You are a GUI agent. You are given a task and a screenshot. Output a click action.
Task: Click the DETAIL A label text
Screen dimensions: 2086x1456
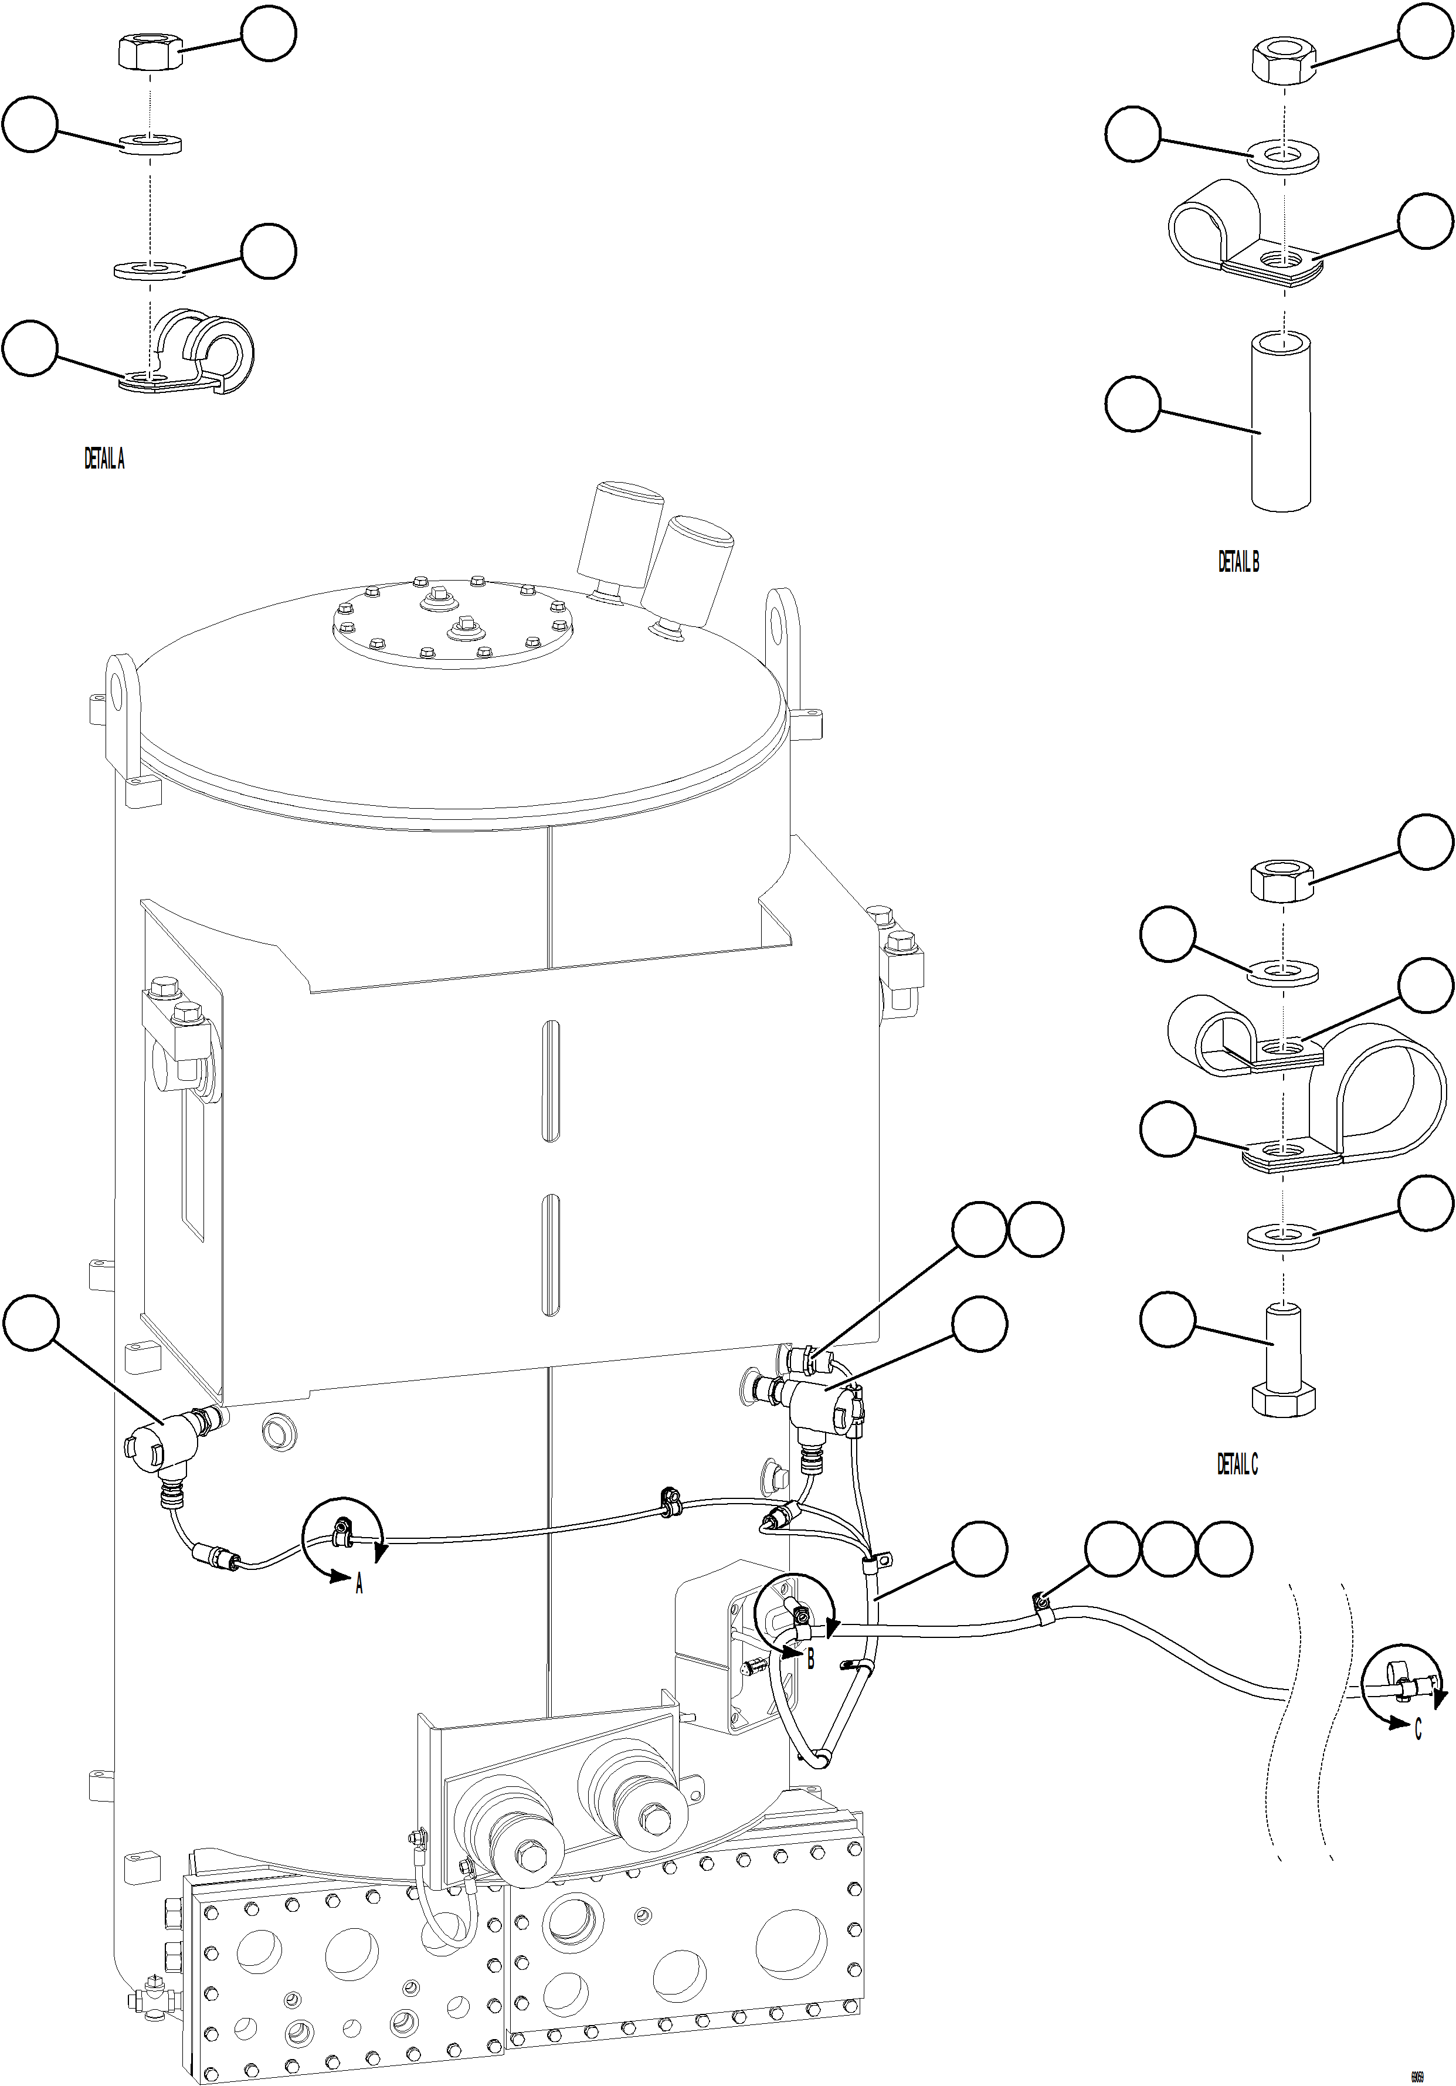coord(104,460)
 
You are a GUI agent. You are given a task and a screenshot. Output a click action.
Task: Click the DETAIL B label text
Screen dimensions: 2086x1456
coord(1238,562)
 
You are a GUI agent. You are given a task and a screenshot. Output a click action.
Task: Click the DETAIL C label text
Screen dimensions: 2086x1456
coord(1237,1464)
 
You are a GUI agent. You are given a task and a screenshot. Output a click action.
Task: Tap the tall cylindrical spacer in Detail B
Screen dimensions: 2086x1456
coord(1282,422)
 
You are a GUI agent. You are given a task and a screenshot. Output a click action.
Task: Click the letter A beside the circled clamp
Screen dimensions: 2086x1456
coord(359,1585)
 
